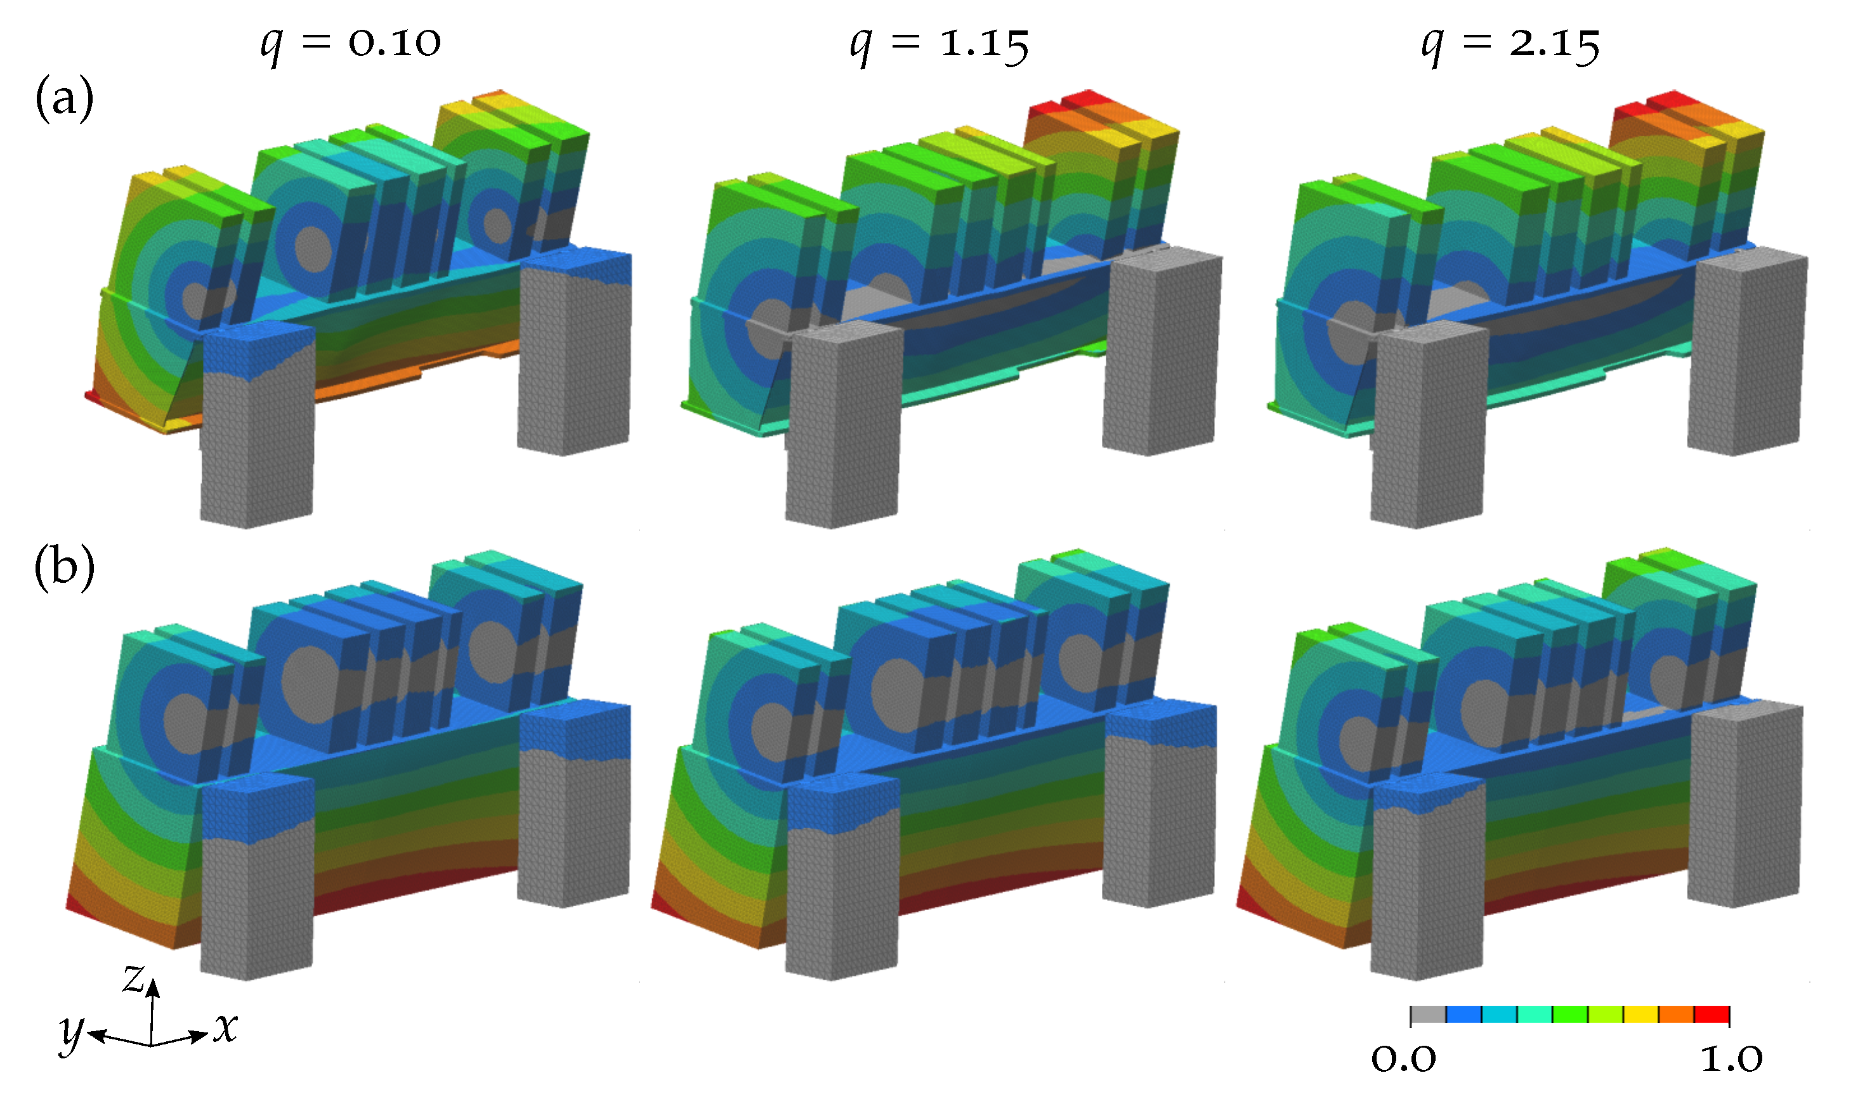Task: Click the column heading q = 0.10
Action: [350, 45]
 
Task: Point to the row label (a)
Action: [65, 98]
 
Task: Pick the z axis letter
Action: [133, 979]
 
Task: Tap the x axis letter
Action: [226, 1028]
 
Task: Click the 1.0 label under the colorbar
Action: [1731, 1060]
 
